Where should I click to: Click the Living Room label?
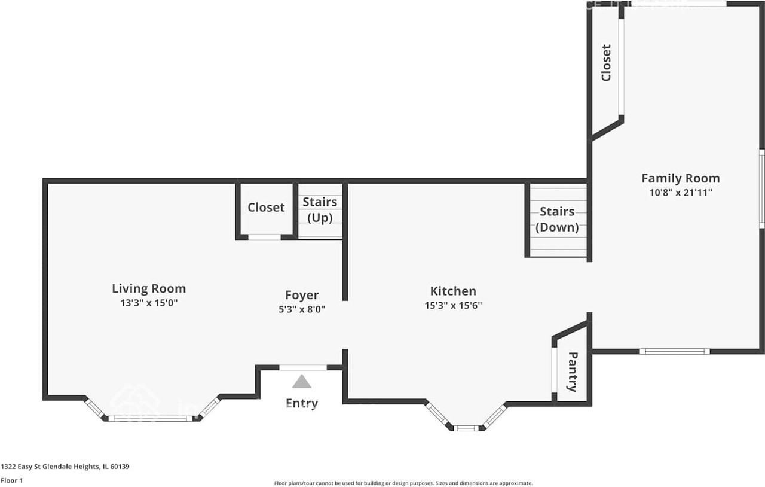[x=149, y=288]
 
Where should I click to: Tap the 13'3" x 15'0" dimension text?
[x=149, y=303]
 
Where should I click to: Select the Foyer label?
[x=302, y=295]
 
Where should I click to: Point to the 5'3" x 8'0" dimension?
[x=302, y=309]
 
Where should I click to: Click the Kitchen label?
[x=453, y=291]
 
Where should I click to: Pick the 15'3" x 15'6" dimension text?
[x=453, y=305]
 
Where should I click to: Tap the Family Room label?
[x=680, y=178]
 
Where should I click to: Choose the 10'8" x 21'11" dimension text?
[x=680, y=193]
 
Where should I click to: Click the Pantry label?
[x=572, y=372]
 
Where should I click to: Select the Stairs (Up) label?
[x=320, y=210]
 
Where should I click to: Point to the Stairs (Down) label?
[x=557, y=220]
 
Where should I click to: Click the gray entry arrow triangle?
[x=302, y=382]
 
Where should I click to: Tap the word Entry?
[x=302, y=404]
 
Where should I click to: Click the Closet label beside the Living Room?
[x=266, y=208]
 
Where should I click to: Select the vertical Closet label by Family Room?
[x=606, y=63]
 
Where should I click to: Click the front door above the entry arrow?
[x=303, y=367]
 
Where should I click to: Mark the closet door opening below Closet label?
[x=265, y=237]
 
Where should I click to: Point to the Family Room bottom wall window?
[x=674, y=351]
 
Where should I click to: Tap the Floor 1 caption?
[x=11, y=480]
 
